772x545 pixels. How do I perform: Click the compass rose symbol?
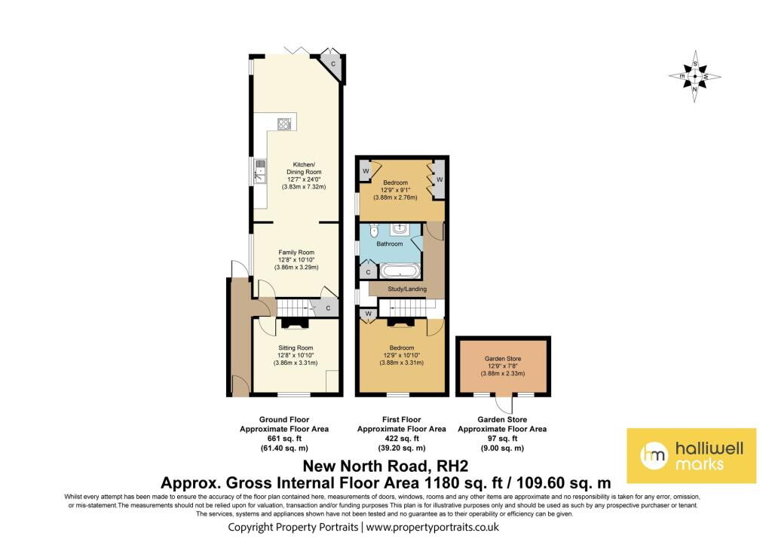(x=694, y=76)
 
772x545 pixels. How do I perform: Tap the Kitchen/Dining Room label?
(x=304, y=168)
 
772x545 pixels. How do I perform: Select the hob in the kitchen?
(x=284, y=124)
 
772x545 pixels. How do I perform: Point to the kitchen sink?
(x=259, y=171)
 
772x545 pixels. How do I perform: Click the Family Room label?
(x=296, y=253)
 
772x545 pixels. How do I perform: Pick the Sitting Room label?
(x=296, y=348)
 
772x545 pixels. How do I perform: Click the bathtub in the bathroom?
(x=400, y=271)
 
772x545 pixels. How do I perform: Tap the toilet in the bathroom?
(x=373, y=229)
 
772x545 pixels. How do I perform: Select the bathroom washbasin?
(x=399, y=229)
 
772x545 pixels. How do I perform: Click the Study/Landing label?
(x=407, y=289)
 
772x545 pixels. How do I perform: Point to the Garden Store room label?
(x=503, y=359)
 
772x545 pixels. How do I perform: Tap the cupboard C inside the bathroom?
(x=368, y=272)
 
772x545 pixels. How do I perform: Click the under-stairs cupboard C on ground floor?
(x=328, y=308)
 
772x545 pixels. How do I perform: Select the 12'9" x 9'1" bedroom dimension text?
(x=395, y=190)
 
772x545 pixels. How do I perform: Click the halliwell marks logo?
(x=691, y=455)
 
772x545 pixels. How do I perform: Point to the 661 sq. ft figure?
(x=284, y=439)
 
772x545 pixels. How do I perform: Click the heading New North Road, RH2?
(x=385, y=466)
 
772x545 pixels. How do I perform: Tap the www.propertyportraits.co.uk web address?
(x=433, y=527)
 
